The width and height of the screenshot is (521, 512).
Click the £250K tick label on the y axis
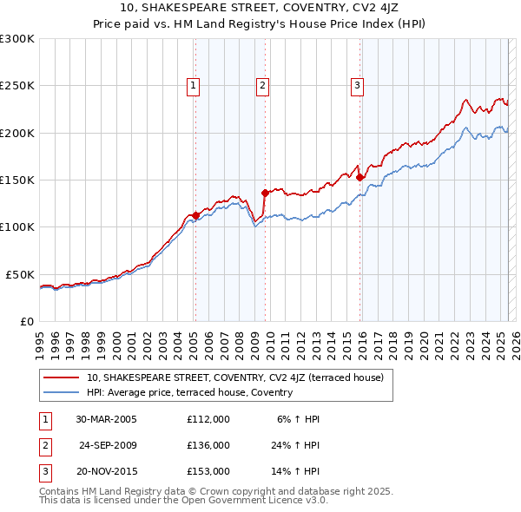(17, 86)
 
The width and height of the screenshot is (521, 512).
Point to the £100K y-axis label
(17, 226)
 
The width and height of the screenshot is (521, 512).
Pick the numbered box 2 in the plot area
(262, 85)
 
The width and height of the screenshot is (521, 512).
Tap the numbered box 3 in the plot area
(357, 85)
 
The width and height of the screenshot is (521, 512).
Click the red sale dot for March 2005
(196, 215)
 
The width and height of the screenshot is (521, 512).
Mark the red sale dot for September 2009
(265, 193)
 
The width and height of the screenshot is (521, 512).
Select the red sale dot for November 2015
(359, 177)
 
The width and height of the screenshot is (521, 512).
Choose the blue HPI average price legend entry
(189, 392)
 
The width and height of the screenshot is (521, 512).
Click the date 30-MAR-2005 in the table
(106, 419)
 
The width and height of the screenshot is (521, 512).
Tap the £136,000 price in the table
(208, 445)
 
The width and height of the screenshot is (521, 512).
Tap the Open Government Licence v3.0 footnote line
(183, 501)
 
